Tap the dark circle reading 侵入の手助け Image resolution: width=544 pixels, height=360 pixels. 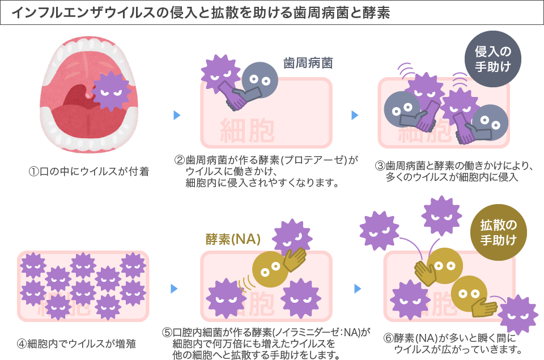click(x=491, y=59)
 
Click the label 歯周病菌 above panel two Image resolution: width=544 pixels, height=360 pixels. click(x=308, y=63)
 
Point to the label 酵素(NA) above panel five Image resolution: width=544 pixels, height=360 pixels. click(x=233, y=239)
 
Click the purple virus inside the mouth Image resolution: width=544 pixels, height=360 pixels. click(x=111, y=90)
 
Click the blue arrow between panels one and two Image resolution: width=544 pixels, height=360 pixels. click(x=176, y=115)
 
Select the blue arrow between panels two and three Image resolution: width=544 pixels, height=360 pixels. click(x=355, y=115)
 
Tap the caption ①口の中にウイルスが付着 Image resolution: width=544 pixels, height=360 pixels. click(x=89, y=171)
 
